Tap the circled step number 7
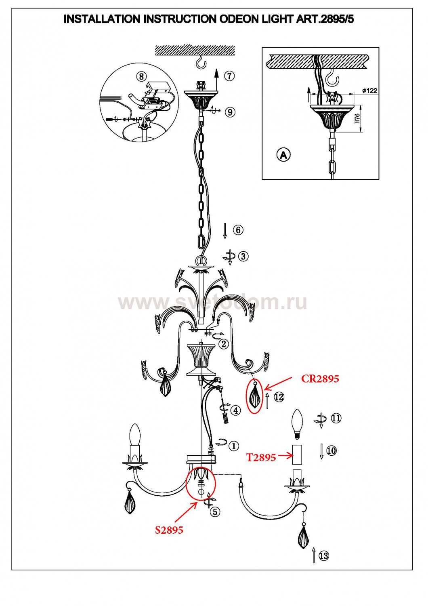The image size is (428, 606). point(229,76)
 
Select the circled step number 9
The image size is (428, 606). point(230,112)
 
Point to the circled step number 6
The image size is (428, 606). point(238,230)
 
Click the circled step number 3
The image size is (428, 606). point(243,256)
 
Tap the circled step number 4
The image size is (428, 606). point(235,410)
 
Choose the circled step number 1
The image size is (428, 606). point(234,446)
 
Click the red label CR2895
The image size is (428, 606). point(320,379)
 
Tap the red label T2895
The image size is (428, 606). point(261,457)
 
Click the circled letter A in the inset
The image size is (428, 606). point(283,155)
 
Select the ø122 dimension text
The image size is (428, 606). point(369,91)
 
